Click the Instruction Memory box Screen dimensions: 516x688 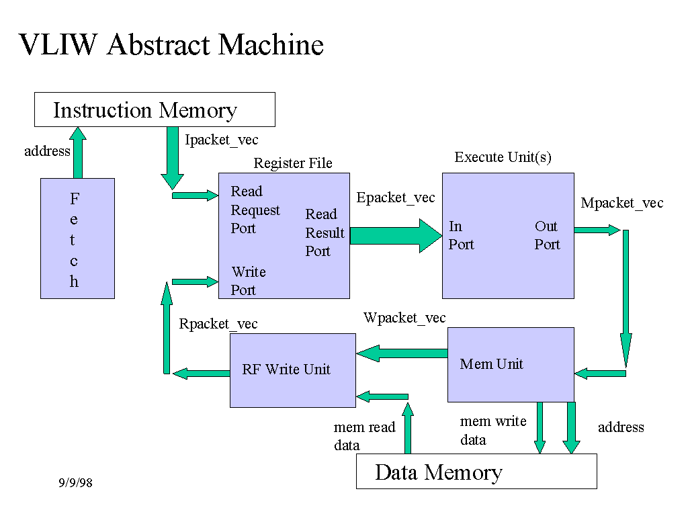[x=155, y=110]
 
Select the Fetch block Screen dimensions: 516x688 [x=77, y=238]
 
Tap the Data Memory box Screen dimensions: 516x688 [x=476, y=472]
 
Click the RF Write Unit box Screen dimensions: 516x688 [x=292, y=370]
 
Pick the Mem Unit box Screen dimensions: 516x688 [x=511, y=364]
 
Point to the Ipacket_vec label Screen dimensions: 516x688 [x=221, y=140]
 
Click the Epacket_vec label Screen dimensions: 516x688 [x=395, y=198]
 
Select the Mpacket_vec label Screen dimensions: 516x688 [x=621, y=203]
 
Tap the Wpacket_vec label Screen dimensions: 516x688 [x=404, y=318]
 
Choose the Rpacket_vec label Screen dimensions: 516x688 [x=218, y=324]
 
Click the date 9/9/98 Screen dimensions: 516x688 [x=75, y=483]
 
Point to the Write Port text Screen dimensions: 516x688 [x=248, y=281]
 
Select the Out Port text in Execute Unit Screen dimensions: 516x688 [x=547, y=235]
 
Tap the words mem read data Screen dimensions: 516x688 [x=364, y=436]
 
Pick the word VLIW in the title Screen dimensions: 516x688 [x=59, y=45]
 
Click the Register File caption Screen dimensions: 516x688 [x=292, y=163]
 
